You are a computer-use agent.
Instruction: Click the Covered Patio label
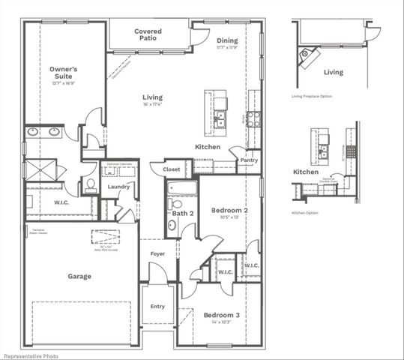148,35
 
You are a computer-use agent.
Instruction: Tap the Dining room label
227,41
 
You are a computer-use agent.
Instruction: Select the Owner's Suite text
64,73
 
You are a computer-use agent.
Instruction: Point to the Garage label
79,276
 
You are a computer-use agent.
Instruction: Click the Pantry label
249,160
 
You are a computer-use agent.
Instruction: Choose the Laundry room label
118,187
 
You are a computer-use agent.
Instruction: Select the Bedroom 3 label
221,315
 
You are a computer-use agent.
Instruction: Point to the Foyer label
157,253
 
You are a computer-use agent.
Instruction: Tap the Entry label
157,306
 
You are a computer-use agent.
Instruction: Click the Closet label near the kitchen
172,169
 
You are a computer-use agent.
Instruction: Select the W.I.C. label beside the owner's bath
61,202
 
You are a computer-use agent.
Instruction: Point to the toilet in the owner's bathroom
90,184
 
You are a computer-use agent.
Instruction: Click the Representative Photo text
29,355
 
